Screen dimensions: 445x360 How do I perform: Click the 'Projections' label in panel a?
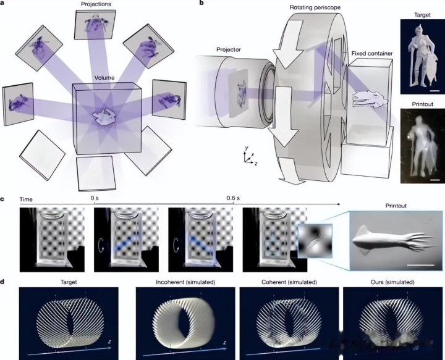click(96, 4)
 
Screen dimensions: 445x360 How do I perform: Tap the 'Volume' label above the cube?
click(104, 78)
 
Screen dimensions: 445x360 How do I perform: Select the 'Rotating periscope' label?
click(315, 7)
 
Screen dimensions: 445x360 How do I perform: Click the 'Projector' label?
click(229, 49)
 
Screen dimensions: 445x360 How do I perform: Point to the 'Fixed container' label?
click(372, 53)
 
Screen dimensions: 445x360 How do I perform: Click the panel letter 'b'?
click(201, 4)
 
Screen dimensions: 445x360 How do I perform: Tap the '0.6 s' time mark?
click(233, 198)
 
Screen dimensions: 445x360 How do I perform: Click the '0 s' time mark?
click(95, 198)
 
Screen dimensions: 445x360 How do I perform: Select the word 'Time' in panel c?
click(26, 199)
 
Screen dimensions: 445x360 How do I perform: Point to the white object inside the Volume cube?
click(104, 116)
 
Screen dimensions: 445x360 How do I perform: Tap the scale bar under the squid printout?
click(421, 266)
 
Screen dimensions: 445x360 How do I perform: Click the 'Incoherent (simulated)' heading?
click(185, 282)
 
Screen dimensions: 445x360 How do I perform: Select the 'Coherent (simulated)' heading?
click(289, 282)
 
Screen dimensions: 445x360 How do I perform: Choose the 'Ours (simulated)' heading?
click(392, 282)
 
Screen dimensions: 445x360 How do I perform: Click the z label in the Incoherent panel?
click(224, 343)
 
